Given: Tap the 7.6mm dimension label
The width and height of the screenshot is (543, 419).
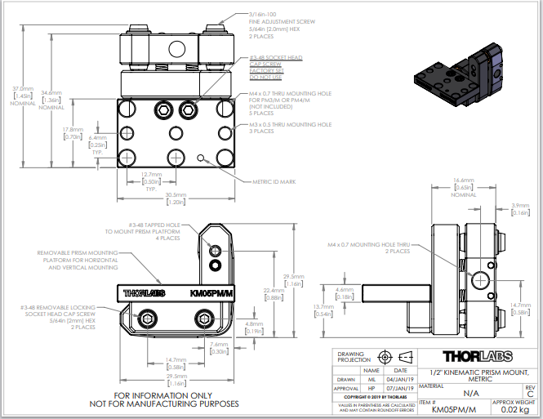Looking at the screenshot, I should coord(217,346).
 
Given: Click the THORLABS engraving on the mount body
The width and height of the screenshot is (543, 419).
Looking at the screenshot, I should coord(144,292).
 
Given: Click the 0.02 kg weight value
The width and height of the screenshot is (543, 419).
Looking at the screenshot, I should coord(514,411).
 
